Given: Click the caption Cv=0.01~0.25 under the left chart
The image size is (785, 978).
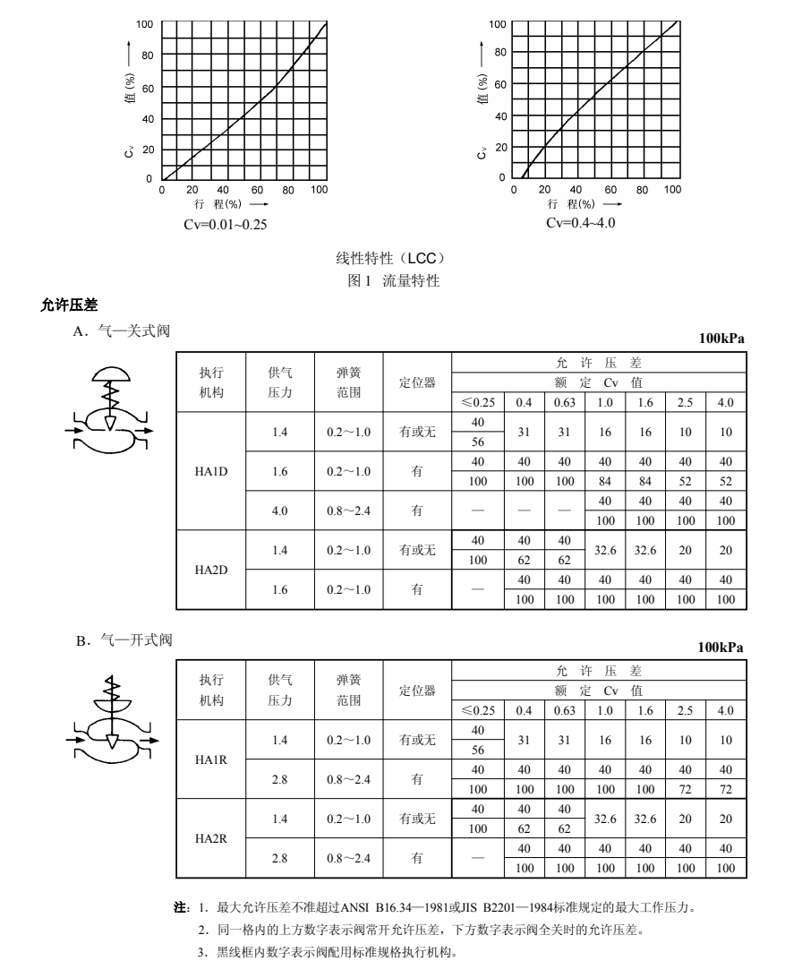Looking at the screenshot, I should pos(225,223).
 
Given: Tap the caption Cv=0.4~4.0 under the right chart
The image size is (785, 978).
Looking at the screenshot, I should pos(580,222).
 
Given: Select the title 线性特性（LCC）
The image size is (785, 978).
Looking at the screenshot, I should pos(391,259).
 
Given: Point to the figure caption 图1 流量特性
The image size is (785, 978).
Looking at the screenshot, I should pos(393,281).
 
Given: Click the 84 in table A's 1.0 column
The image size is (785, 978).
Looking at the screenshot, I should pos(606,480).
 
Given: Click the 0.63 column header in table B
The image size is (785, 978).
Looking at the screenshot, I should pos(564,710).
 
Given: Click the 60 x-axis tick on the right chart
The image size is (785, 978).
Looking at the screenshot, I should pos(610,190).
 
